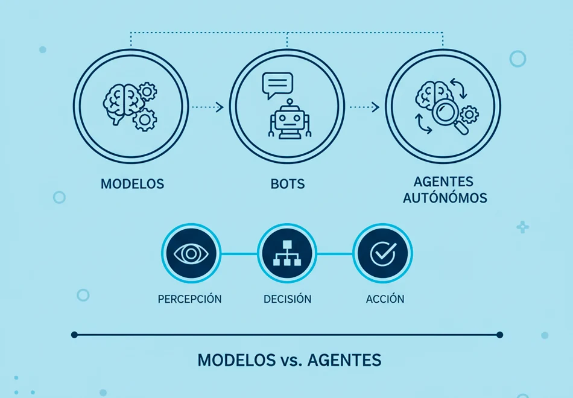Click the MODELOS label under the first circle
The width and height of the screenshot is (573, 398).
[132, 184]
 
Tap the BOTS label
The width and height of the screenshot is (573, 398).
[288, 184]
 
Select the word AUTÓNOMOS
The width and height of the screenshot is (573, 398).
[445, 198]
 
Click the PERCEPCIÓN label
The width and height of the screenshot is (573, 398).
[189, 299]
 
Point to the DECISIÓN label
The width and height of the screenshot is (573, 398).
[288, 299]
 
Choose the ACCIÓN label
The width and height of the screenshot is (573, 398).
[385, 299]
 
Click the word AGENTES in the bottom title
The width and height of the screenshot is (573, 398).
[344, 361]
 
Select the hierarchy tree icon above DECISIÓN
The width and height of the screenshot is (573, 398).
[287, 253]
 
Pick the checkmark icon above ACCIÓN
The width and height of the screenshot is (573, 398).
[383, 254]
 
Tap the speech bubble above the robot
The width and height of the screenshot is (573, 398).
[277, 85]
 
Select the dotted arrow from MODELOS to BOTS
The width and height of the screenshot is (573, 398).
[207, 107]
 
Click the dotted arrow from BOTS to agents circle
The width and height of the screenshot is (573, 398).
[364, 107]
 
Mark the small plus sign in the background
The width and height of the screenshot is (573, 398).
[522, 227]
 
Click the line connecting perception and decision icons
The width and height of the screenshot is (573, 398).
[239, 254]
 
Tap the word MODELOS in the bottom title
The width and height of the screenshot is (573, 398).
[235, 361]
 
